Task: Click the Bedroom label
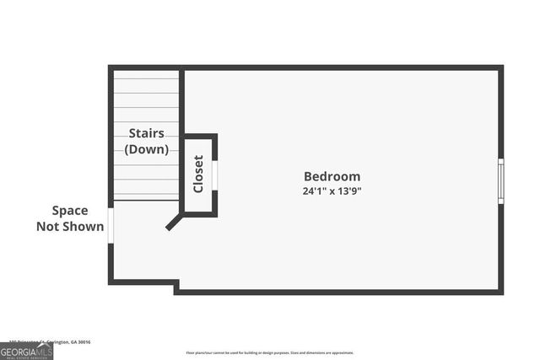click(332, 176)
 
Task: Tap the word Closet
click(198, 174)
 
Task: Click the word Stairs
click(146, 133)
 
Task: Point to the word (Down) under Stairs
click(146, 149)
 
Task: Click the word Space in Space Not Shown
click(70, 211)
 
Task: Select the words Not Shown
click(70, 226)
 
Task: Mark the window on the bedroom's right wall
click(500, 180)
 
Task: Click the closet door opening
click(214, 175)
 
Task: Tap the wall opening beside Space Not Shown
click(111, 226)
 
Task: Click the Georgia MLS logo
click(26, 352)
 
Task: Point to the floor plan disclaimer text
click(270, 353)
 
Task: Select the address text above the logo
click(46, 341)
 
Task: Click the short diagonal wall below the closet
click(175, 223)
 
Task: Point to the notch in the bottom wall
click(176, 287)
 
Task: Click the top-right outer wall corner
click(500, 67)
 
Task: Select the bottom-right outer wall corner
click(500, 292)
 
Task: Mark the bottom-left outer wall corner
click(111, 282)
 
